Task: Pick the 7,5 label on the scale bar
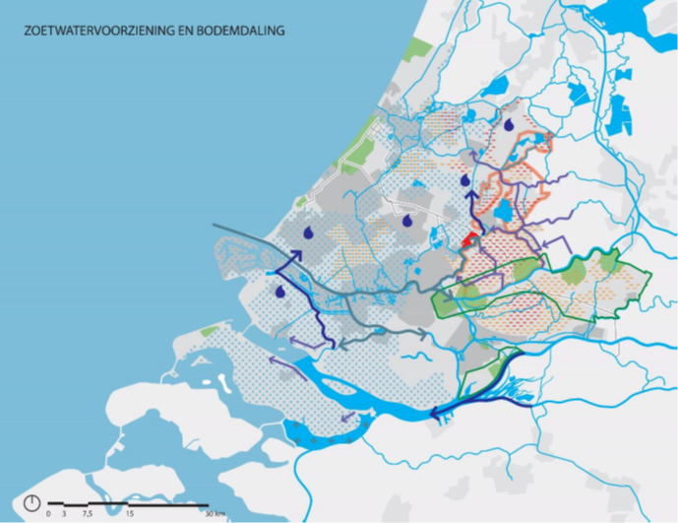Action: point(88,513)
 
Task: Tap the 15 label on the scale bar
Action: point(130,513)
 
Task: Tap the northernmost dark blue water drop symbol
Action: point(509,125)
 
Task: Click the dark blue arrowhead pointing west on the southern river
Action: point(436,415)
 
